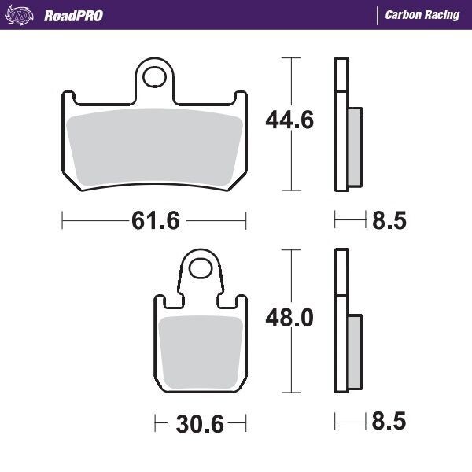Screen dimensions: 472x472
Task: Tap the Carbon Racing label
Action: coord(422,16)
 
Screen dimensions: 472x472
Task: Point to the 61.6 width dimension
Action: coord(154,221)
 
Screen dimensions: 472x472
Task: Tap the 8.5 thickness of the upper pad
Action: coord(388,221)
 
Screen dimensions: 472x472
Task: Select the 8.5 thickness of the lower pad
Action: coord(388,425)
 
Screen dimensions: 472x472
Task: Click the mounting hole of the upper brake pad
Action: coord(159,77)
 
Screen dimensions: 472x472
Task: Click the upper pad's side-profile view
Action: coord(346,126)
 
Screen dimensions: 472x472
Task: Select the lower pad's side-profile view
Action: coord(346,323)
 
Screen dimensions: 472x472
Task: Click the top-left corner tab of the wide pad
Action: coord(69,98)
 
